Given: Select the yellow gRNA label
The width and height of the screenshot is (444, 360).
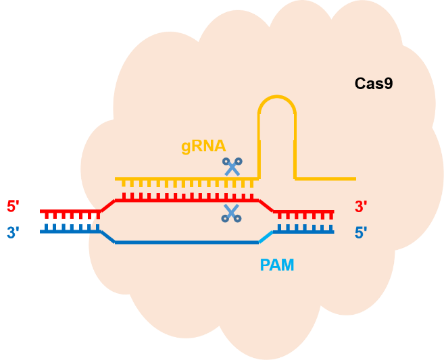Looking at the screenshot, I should (x=203, y=147).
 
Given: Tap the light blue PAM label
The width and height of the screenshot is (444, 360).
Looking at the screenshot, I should (x=277, y=265).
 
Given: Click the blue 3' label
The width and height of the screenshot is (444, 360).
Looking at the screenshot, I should (x=14, y=233).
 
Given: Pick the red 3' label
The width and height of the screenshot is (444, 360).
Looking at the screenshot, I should (x=362, y=205).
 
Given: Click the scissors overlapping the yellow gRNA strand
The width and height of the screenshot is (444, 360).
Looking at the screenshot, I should (x=233, y=166).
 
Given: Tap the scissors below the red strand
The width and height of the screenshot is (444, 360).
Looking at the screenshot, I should (x=232, y=214).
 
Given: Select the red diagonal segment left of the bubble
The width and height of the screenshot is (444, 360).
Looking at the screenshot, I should (x=107, y=205).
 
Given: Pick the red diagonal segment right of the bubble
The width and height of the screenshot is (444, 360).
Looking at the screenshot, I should (x=266, y=205).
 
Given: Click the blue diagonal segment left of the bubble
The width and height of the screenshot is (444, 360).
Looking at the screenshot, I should (x=107, y=236).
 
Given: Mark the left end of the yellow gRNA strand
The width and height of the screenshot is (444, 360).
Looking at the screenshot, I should (x=118, y=179).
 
